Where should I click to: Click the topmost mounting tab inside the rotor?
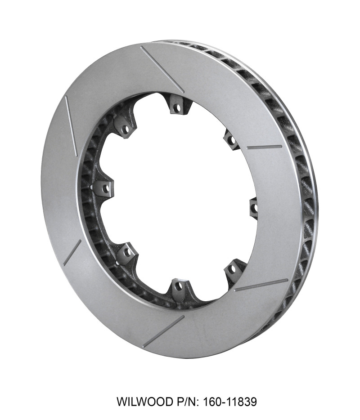[x=179, y=107]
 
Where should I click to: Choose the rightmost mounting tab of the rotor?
[x=253, y=207]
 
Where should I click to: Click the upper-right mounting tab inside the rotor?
[x=231, y=140]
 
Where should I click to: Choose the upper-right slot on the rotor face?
[x=265, y=147]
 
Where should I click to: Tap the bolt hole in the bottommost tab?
[x=178, y=286]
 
